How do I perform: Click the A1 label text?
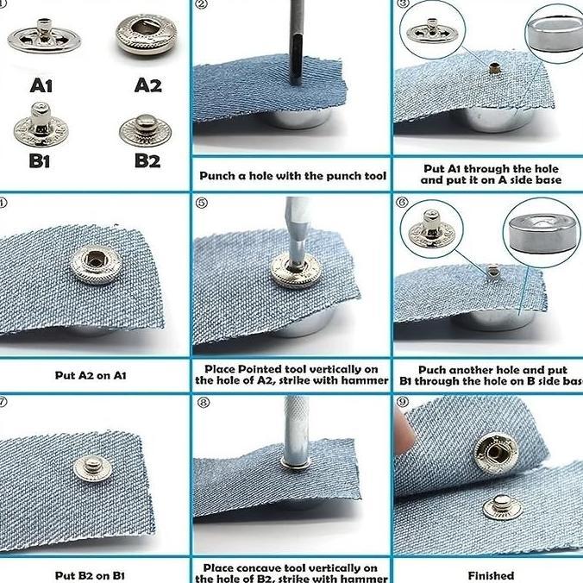tap(41, 85)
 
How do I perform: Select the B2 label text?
tap(147, 160)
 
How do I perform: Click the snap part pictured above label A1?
tap(43, 37)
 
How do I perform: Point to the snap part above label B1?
tap(36, 122)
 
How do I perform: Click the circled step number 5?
tap(203, 204)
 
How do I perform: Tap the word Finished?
tap(491, 575)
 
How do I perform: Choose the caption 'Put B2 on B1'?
tap(91, 575)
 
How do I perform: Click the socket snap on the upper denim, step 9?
tap(493, 449)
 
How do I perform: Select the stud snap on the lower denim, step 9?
tap(502, 505)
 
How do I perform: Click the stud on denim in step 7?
tap(92, 467)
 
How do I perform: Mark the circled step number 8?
tap(203, 402)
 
